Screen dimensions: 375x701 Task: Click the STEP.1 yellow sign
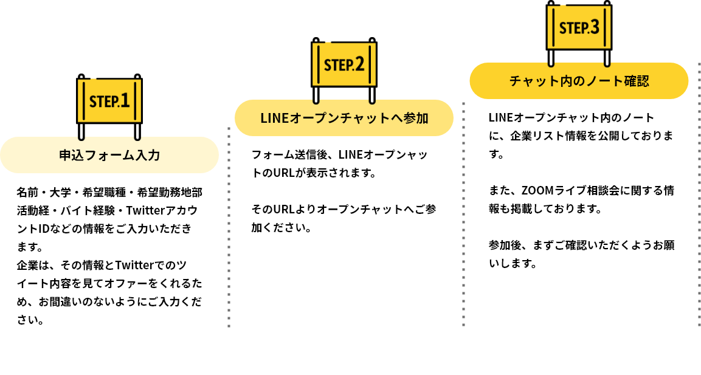(x=109, y=100)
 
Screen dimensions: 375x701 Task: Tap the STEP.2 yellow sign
(x=344, y=64)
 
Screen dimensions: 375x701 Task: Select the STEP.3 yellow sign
(x=579, y=27)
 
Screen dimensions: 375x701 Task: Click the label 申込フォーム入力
(x=109, y=155)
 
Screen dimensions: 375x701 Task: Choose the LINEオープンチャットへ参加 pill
(x=344, y=118)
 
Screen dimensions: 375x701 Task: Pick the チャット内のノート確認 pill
(x=579, y=81)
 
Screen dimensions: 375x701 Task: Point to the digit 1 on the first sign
(x=125, y=100)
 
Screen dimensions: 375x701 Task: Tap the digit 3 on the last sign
(x=594, y=27)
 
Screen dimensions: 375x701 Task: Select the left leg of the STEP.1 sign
(x=81, y=131)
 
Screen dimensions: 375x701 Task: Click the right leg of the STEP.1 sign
(x=138, y=131)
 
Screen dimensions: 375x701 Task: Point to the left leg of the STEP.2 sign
(x=316, y=94)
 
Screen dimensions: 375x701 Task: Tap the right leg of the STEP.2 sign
(x=372, y=94)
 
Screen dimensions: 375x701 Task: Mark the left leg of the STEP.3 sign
(x=551, y=57)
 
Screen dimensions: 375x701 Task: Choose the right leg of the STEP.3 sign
(x=607, y=57)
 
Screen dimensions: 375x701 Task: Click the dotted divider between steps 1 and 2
(x=229, y=228)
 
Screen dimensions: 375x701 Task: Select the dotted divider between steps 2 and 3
(x=463, y=213)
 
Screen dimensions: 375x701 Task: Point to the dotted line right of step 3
(x=699, y=194)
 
